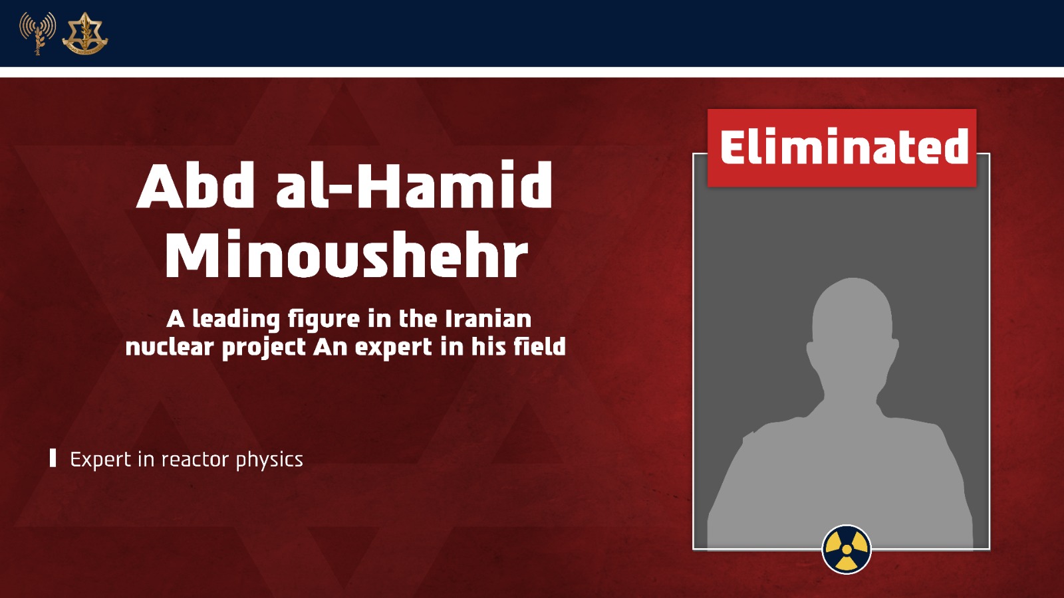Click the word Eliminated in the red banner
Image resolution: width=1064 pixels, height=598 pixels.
point(844,147)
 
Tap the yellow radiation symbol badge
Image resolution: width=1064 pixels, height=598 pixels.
point(847,549)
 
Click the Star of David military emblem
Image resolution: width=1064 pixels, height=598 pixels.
point(85,33)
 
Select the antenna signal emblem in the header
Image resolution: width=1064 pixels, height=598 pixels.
point(37,33)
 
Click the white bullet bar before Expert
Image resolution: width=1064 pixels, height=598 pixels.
point(53,458)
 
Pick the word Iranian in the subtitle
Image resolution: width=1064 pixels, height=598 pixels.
point(488,319)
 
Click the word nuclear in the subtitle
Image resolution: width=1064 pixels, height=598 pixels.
point(170,347)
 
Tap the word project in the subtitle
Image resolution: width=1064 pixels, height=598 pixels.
point(263,348)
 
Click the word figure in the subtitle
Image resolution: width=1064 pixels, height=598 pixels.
point(323,320)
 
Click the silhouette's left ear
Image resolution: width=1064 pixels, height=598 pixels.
point(811,349)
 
